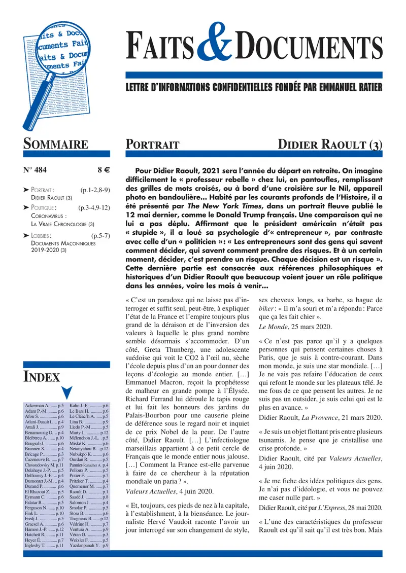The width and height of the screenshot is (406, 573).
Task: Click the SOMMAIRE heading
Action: tap(56, 144)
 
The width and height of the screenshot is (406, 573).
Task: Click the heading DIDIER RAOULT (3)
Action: tap(330, 144)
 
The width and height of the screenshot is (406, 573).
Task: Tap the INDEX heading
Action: tap(42, 376)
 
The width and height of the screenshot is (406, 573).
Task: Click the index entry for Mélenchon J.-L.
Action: tap(88, 437)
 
